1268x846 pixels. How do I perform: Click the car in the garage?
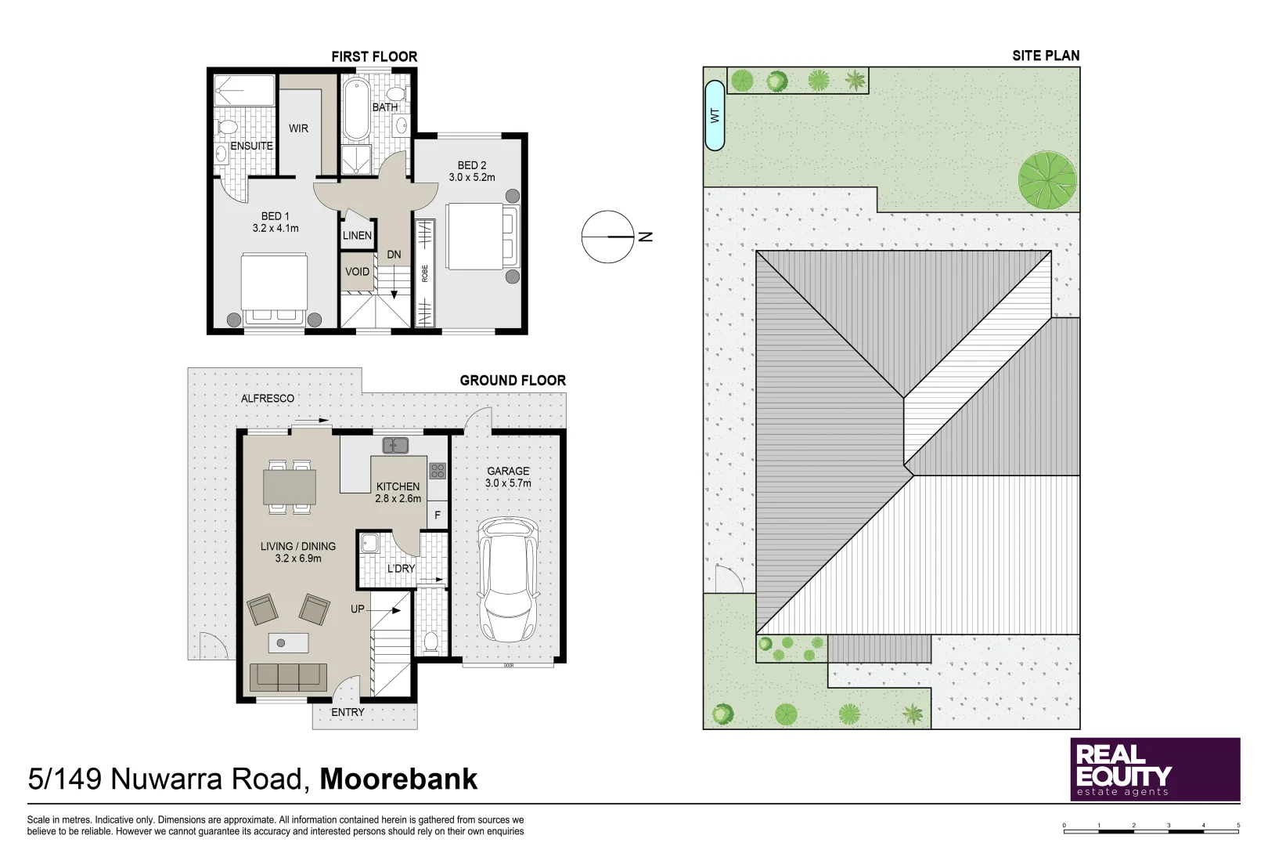(x=508, y=579)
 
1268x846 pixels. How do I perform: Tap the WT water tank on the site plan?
(x=715, y=116)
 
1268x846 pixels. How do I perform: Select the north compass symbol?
(x=608, y=237)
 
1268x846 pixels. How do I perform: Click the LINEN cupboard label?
(x=357, y=235)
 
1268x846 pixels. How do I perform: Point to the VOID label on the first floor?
(x=357, y=272)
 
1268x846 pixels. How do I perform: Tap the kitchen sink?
(x=395, y=446)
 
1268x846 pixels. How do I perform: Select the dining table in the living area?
(x=290, y=487)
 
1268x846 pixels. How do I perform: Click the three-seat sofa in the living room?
(x=288, y=678)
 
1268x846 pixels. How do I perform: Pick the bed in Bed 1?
(x=275, y=290)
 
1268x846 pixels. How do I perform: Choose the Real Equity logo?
(x=1155, y=769)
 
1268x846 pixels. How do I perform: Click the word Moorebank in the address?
(x=398, y=779)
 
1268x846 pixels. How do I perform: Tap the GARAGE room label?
(x=508, y=471)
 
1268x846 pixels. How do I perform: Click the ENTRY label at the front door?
(x=348, y=712)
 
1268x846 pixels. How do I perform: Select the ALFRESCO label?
(x=268, y=399)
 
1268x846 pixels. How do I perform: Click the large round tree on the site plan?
(x=1047, y=180)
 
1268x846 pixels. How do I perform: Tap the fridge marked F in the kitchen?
(x=437, y=515)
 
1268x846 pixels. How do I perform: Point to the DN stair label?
(x=394, y=255)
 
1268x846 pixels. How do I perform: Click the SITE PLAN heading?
(x=1046, y=56)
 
